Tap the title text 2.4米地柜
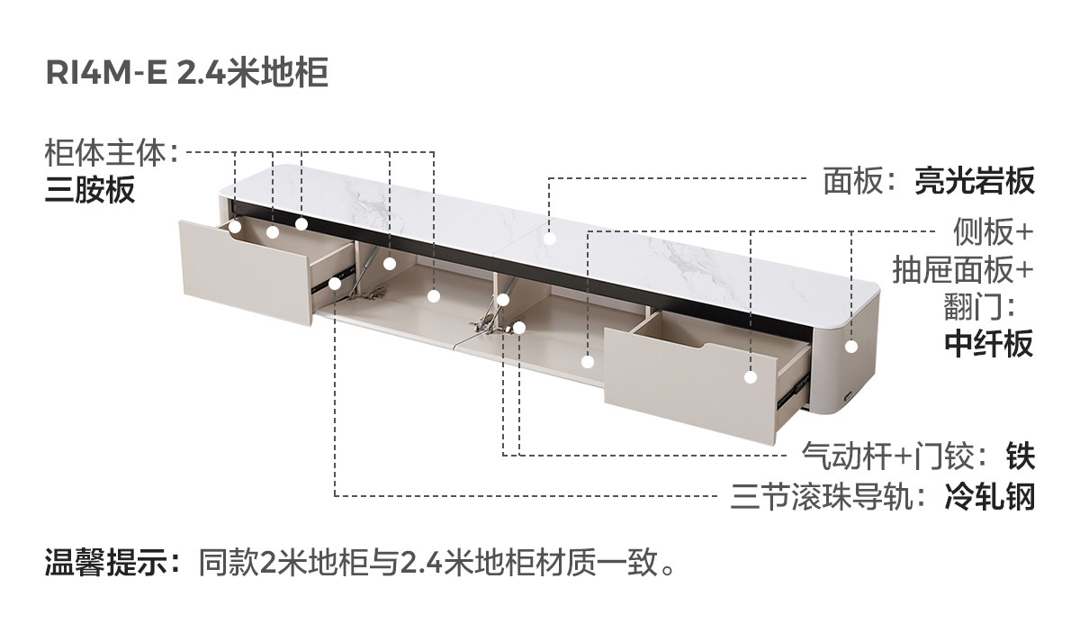tap(252, 74)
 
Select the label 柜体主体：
tap(113, 154)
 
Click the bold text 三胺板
tap(90, 190)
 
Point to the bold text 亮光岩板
tap(975, 181)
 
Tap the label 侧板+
tap(994, 232)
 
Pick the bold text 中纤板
tap(989, 343)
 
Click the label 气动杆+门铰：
tap(899, 457)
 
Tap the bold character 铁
tap(1021, 457)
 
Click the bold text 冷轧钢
tap(989, 496)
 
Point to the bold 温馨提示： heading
tap(114, 565)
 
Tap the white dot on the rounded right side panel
tap(851, 346)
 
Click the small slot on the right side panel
tap(848, 396)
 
